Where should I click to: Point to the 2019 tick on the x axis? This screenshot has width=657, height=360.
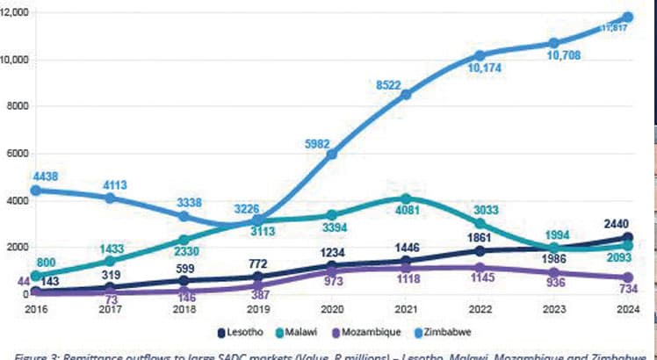tap(257, 309)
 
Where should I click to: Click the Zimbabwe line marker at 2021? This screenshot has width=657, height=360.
tap(406, 94)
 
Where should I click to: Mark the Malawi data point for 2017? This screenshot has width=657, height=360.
tap(110, 261)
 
